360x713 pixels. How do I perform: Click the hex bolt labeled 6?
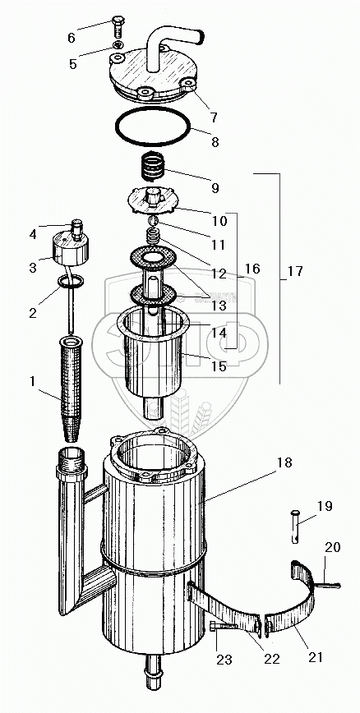[x=118, y=27]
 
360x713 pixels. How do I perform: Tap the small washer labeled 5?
[x=118, y=44]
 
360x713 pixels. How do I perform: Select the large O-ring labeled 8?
[x=152, y=126]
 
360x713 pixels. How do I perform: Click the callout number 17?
[x=295, y=271]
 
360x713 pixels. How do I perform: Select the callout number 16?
[x=252, y=269]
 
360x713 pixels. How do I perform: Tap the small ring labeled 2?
[x=71, y=282]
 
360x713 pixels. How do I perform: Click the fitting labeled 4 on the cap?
[x=76, y=230]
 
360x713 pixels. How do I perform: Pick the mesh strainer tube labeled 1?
[x=71, y=389]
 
